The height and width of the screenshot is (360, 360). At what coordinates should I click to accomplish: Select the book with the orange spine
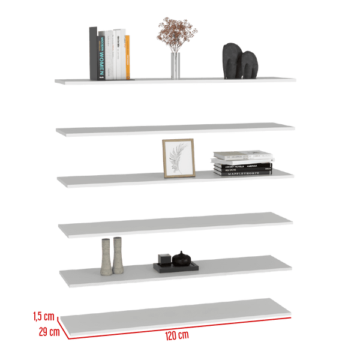[128, 56]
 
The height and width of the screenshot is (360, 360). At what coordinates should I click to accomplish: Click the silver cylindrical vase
[175, 65]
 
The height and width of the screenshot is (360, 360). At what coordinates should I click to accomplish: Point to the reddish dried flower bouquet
[176, 33]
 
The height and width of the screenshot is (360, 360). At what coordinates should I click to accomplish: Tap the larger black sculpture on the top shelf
[231, 60]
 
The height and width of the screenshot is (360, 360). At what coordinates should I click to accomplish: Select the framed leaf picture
[178, 157]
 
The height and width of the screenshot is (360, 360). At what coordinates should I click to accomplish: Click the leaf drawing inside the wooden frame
[179, 157]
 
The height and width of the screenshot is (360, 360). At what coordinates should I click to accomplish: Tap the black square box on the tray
[164, 259]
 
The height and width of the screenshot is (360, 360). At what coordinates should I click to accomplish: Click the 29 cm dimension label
[49, 331]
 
